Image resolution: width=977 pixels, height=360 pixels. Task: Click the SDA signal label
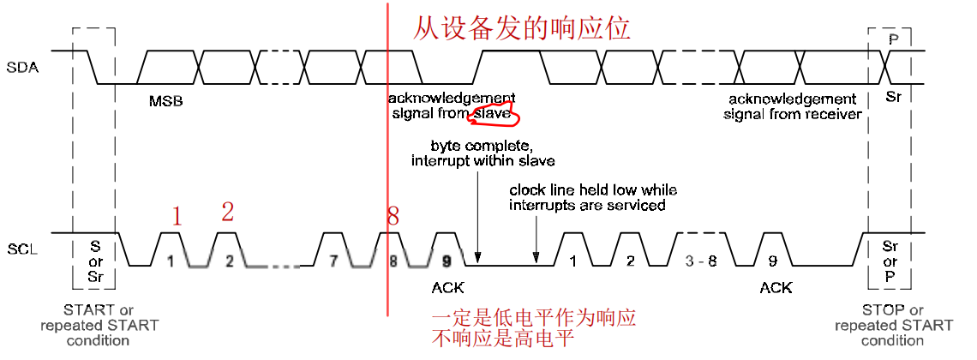click(x=22, y=67)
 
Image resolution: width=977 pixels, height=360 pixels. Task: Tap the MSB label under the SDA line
click(x=166, y=101)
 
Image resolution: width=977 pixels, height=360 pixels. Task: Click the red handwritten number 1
click(x=177, y=217)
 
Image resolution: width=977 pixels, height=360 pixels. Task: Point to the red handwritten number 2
click(x=227, y=212)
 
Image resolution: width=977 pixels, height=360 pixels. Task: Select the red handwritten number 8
click(x=393, y=217)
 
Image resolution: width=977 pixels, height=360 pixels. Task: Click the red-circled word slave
click(x=494, y=112)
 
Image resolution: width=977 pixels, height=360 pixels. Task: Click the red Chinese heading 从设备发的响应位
click(x=522, y=28)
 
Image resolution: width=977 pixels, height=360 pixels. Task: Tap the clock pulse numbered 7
click(x=333, y=261)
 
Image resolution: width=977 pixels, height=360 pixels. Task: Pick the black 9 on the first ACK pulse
click(x=446, y=261)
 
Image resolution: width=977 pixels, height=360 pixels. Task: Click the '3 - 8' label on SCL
click(x=701, y=261)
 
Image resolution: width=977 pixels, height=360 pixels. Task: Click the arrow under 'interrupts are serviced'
click(x=536, y=235)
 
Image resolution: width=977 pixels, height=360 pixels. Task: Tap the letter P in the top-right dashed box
click(x=894, y=40)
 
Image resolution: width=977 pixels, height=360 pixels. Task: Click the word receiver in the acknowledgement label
click(x=830, y=114)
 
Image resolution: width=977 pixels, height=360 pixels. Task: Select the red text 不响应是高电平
click(x=502, y=339)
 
